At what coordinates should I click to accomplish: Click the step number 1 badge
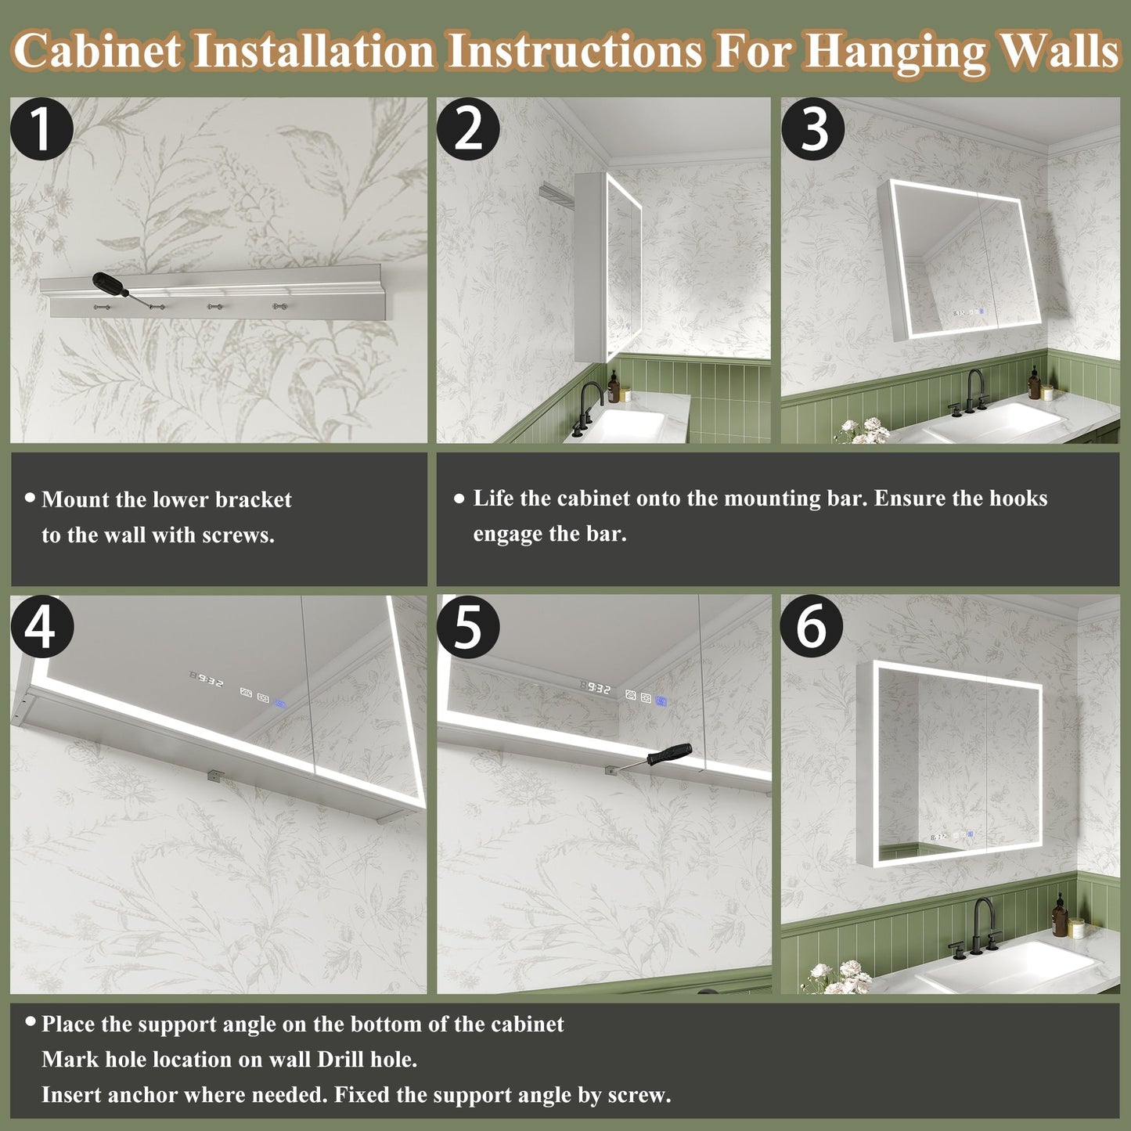[41, 129]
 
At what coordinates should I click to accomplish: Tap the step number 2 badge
[468, 129]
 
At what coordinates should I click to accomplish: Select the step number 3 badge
[813, 129]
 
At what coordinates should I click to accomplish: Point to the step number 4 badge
[41, 627]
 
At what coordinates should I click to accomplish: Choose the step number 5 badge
[468, 627]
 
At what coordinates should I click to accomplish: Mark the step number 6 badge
[812, 627]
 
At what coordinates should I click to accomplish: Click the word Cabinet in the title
[97, 52]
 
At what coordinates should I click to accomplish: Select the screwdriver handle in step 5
[670, 754]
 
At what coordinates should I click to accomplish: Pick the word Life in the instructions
[494, 499]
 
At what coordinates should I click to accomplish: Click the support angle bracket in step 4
[214, 776]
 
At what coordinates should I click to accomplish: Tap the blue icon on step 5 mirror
[662, 701]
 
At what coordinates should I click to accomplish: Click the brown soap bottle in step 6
[1060, 917]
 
